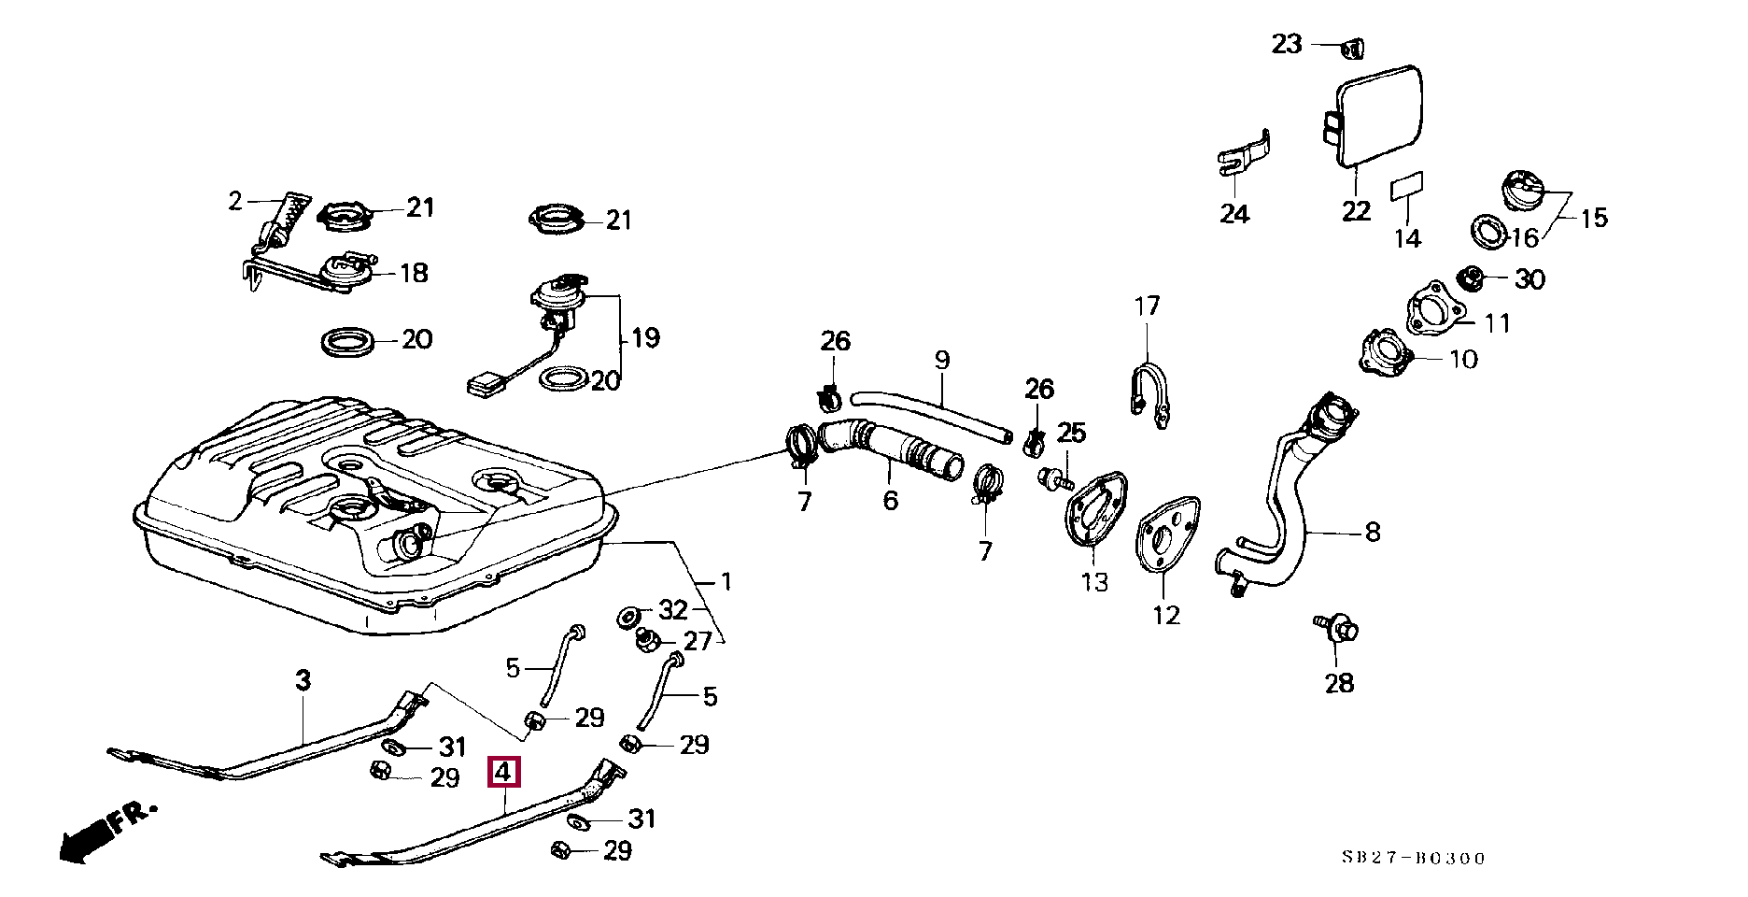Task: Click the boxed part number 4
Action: (x=502, y=773)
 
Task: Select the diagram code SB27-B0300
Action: (x=1413, y=858)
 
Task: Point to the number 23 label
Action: (x=1287, y=44)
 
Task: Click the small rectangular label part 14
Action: (x=1407, y=187)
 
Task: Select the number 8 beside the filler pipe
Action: (x=1372, y=532)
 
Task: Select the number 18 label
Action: (x=414, y=273)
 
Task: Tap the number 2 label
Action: (x=235, y=201)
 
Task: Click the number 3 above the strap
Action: (x=303, y=681)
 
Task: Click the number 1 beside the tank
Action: (x=726, y=581)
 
